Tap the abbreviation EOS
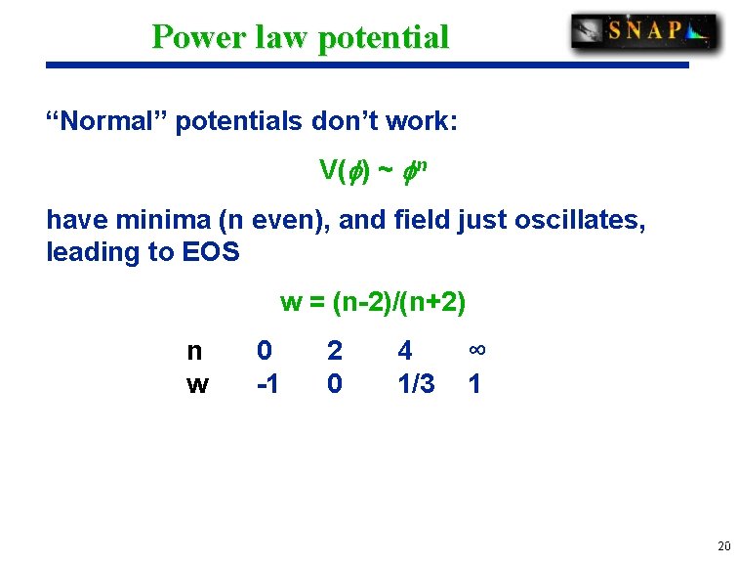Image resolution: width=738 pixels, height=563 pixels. pos(211,252)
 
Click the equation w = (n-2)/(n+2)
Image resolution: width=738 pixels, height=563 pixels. pos(373,302)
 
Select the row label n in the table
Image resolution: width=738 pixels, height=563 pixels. pos(195,350)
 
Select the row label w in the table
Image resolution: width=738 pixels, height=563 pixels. pos(196,384)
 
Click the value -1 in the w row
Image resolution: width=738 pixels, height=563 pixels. pos(266,384)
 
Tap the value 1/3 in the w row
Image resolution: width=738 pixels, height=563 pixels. pos(416,384)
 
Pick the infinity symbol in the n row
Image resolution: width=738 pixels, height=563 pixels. pos(476,350)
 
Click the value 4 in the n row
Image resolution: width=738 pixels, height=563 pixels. pos(405,350)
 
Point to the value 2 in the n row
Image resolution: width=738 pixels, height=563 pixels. pos(335,350)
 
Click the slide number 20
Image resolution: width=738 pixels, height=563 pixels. pos(721,546)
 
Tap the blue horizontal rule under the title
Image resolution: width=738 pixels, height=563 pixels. pos(367,65)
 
